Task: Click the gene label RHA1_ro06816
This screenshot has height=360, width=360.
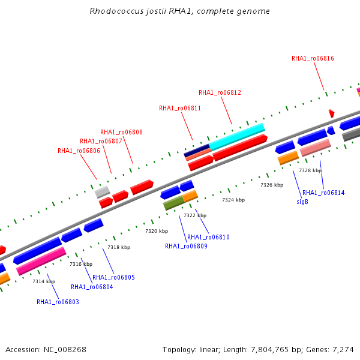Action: (313, 59)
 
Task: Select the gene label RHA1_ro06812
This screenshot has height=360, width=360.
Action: (220, 92)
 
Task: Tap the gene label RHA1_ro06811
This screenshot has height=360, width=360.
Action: (180, 108)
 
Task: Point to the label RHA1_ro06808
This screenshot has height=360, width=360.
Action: (121, 132)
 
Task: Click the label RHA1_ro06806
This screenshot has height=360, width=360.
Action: (79, 151)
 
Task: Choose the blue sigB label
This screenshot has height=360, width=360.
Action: (302, 202)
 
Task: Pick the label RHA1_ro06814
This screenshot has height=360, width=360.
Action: (323, 193)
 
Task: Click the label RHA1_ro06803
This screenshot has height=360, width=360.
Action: (58, 302)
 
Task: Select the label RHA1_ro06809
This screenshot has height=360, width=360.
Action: (186, 247)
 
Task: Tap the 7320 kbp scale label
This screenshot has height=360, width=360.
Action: (157, 231)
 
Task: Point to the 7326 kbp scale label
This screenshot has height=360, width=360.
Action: (272, 185)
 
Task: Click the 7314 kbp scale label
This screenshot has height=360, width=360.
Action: (44, 281)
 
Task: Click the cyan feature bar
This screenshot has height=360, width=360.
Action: (237, 137)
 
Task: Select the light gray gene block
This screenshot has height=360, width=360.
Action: (103, 192)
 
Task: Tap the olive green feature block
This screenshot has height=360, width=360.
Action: (174, 203)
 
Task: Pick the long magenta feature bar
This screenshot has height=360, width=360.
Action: (41, 261)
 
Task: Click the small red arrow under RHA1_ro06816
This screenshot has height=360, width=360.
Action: (332, 113)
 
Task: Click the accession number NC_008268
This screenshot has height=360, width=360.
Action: (65, 350)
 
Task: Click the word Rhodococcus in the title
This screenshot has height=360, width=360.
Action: (117, 11)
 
